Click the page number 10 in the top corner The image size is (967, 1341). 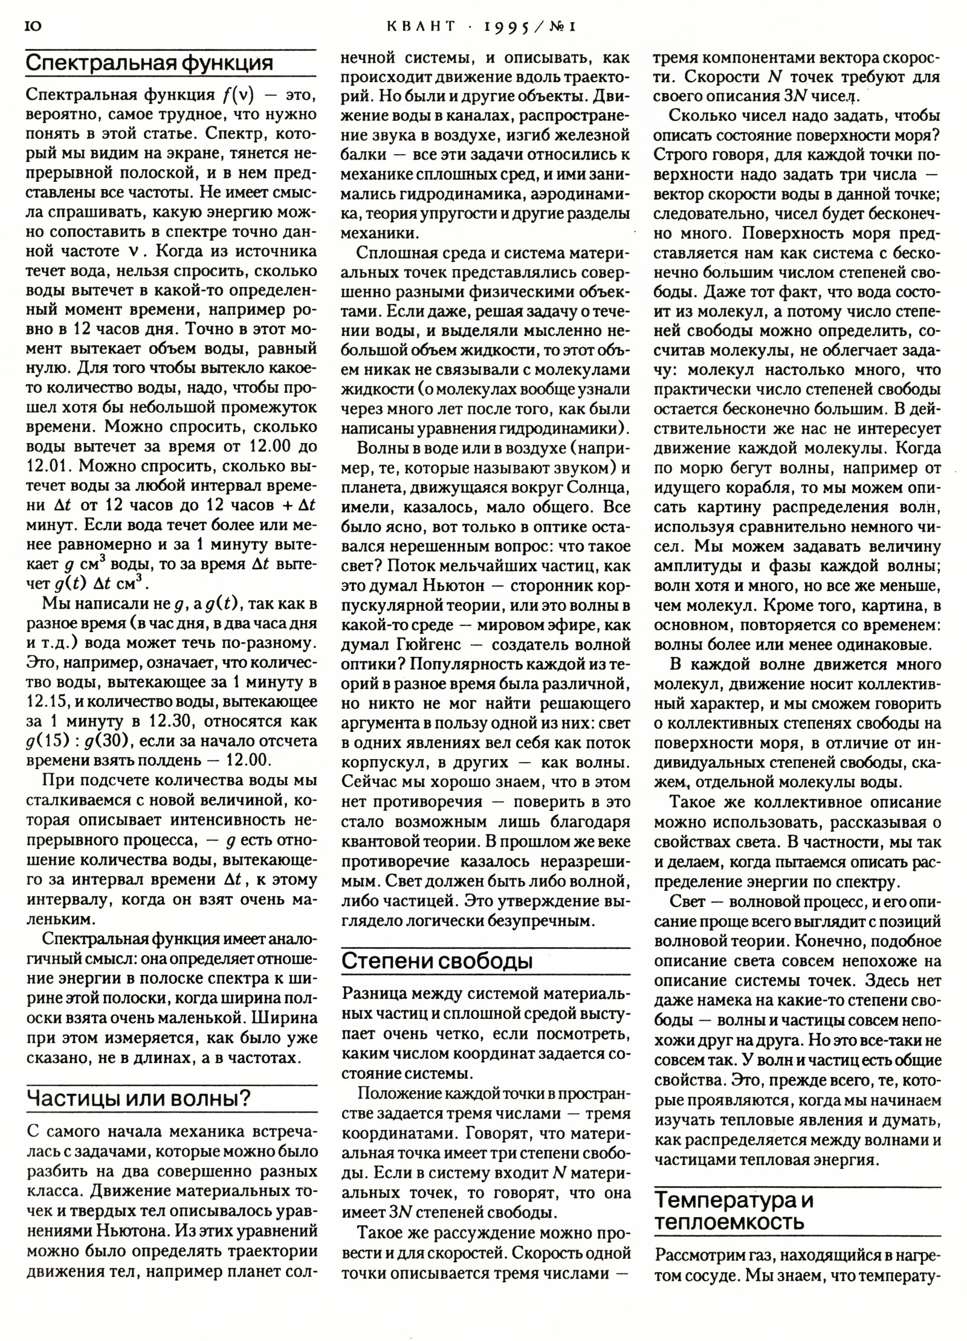34,26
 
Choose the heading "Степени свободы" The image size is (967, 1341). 437,961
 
